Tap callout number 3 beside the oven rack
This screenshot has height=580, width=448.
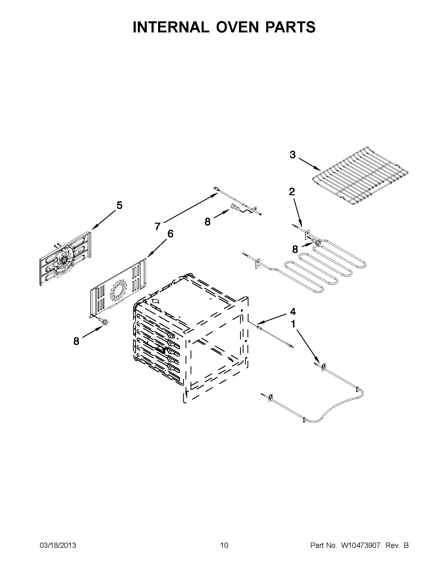coord(292,155)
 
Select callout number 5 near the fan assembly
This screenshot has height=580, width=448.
coord(119,205)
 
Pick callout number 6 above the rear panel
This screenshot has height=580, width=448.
coord(170,234)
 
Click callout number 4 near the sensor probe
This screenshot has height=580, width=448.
coord(293,311)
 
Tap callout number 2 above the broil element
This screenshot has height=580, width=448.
coord(291,192)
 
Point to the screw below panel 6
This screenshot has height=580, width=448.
coord(103,321)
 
